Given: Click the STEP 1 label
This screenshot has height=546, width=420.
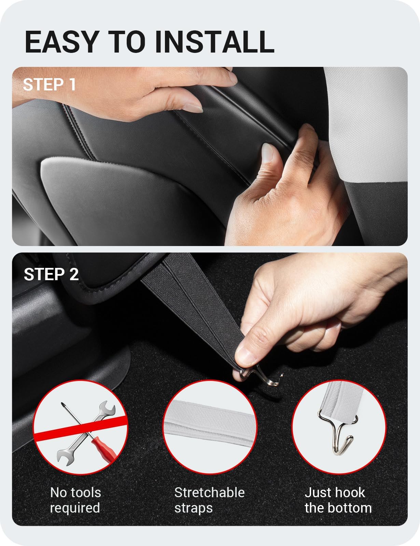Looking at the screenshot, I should tap(49, 85).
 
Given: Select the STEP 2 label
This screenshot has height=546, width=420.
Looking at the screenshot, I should tap(51, 274).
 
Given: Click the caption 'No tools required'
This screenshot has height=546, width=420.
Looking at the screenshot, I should tap(75, 500).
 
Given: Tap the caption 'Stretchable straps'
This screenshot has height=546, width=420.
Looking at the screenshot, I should tap(209, 500).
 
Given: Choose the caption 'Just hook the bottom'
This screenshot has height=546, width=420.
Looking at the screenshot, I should tap(338, 500).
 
